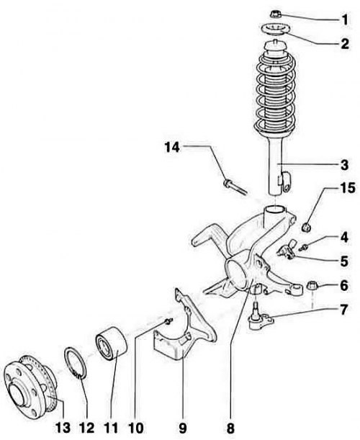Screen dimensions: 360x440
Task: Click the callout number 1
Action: (x=345, y=19)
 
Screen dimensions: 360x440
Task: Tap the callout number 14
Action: (x=172, y=147)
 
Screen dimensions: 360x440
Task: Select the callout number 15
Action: (x=347, y=188)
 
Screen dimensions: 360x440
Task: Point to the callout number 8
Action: (x=230, y=428)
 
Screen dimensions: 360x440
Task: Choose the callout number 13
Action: (x=63, y=428)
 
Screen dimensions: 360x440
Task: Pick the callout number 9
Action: (x=182, y=428)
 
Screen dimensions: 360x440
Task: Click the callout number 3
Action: (x=345, y=165)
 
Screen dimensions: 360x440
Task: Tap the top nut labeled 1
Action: (x=275, y=14)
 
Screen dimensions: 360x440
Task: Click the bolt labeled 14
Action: (x=235, y=187)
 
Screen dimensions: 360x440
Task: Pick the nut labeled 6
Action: (x=312, y=286)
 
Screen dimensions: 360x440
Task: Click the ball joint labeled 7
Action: (x=260, y=319)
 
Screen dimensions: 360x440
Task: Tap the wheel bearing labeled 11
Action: (x=112, y=344)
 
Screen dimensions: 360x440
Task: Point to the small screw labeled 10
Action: (x=168, y=321)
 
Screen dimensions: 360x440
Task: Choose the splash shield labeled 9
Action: (x=185, y=325)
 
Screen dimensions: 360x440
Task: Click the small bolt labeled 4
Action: (x=304, y=247)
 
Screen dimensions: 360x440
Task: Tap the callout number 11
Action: (x=111, y=428)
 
